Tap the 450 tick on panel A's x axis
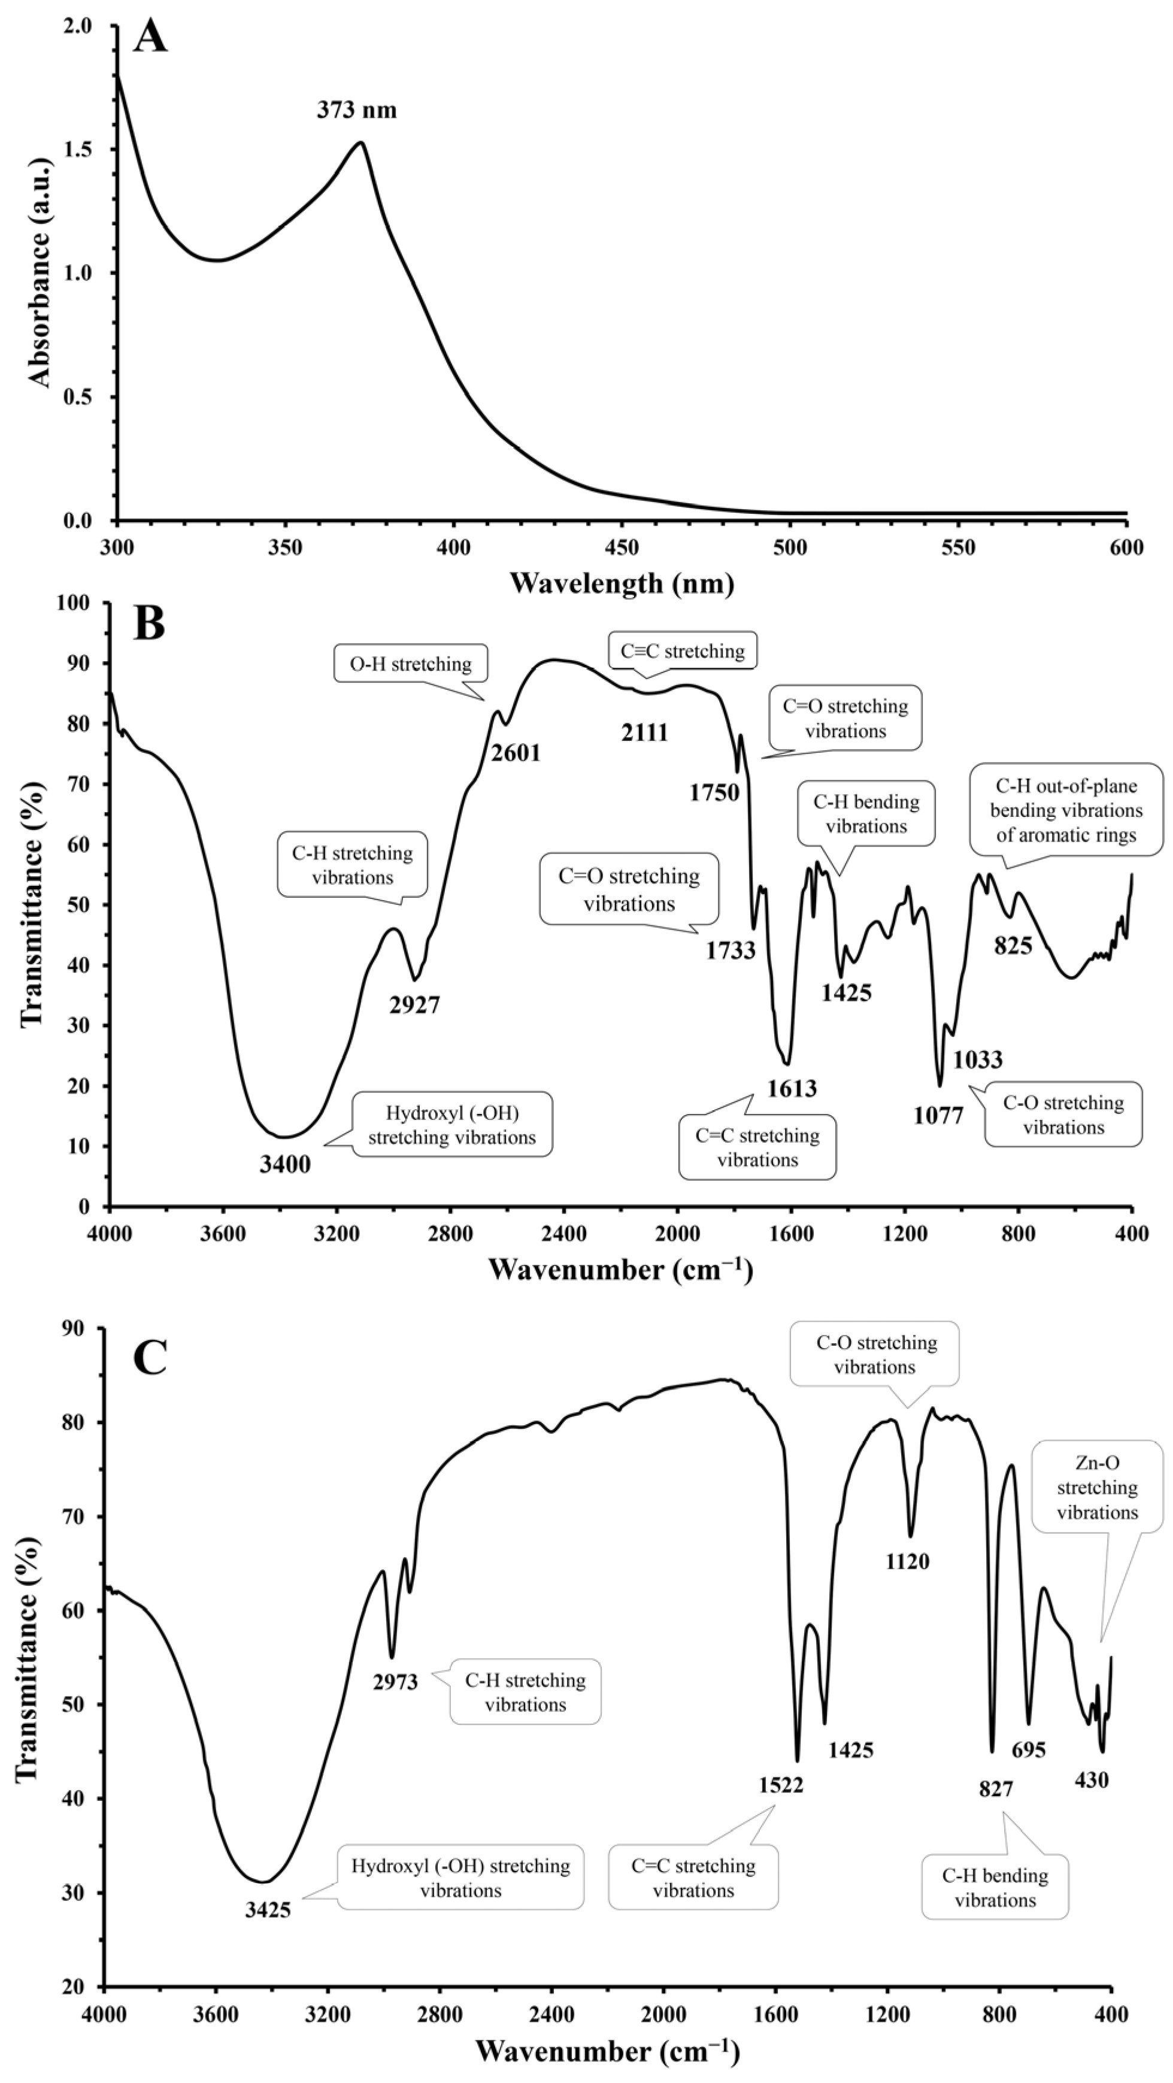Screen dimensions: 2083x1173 622,548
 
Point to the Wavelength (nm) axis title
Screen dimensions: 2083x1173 621,582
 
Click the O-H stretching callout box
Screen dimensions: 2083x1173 410,664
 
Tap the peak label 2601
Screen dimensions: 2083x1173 515,753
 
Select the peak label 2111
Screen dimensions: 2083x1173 644,732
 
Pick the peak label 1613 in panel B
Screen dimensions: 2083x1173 792,1088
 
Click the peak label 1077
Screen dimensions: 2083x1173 938,1116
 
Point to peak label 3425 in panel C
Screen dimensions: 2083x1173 268,1910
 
